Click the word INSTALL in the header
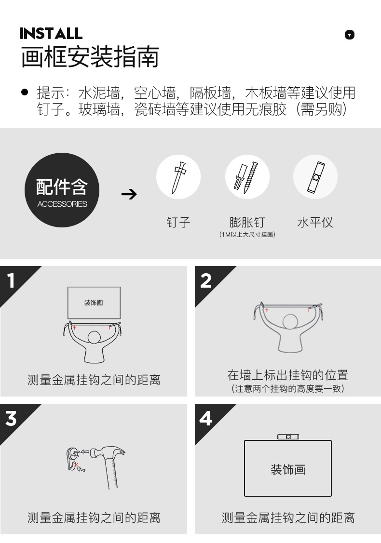pyautogui.click(x=51, y=34)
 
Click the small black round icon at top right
pyautogui.click(x=350, y=35)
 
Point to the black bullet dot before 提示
pyautogui.click(x=25, y=92)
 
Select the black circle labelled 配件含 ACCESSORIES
pyautogui.click(x=62, y=190)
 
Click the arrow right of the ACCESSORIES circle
pyautogui.click(x=129, y=194)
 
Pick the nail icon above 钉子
pyautogui.click(x=178, y=177)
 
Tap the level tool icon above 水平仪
pyautogui.click(x=315, y=177)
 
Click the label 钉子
pyautogui.click(x=178, y=222)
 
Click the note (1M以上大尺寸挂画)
pyautogui.click(x=247, y=235)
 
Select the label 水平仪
pyautogui.click(x=315, y=222)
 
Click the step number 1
pyautogui.click(x=11, y=280)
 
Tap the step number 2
pyautogui.click(x=206, y=280)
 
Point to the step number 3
pyautogui.click(x=11, y=418)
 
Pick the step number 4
pyautogui.click(x=205, y=418)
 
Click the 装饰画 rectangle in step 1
pyautogui.click(x=94, y=303)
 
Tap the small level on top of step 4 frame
pyautogui.click(x=288, y=437)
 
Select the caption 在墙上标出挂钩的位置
pyautogui.click(x=288, y=375)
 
